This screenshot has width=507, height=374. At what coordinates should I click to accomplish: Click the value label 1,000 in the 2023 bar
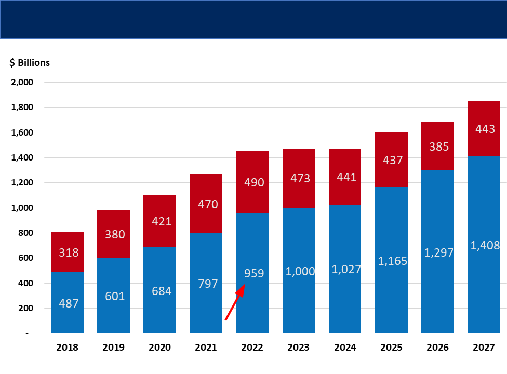[x=300, y=271]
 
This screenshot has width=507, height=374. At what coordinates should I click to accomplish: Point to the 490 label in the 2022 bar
[x=254, y=182]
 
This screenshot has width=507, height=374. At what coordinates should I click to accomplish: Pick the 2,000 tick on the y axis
[x=22, y=82]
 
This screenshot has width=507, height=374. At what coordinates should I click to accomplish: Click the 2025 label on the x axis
[x=391, y=347]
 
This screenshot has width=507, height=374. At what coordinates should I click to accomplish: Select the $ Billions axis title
[x=30, y=62]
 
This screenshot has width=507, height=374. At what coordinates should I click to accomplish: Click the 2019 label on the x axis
[x=113, y=347]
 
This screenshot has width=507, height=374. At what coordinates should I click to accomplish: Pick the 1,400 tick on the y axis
[x=22, y=157]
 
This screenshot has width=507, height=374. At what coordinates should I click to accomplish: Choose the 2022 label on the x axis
[x=252, y=347]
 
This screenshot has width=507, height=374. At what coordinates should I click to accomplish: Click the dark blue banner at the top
[x=253, y=19]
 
